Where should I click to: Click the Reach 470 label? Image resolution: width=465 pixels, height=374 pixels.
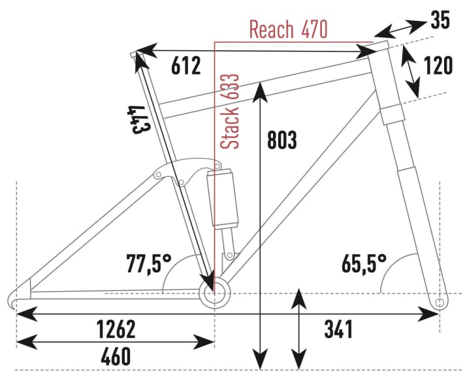point(288,29)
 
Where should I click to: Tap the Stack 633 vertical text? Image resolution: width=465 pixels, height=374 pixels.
point(231,111)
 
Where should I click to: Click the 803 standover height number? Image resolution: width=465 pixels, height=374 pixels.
point(282,140)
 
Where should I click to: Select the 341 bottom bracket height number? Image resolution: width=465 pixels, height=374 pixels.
point(338,330)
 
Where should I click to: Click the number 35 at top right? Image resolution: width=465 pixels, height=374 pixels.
point(440,21)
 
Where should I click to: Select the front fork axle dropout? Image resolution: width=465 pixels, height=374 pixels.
point(440,302)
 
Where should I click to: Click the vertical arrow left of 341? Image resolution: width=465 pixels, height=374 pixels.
point(298,326)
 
